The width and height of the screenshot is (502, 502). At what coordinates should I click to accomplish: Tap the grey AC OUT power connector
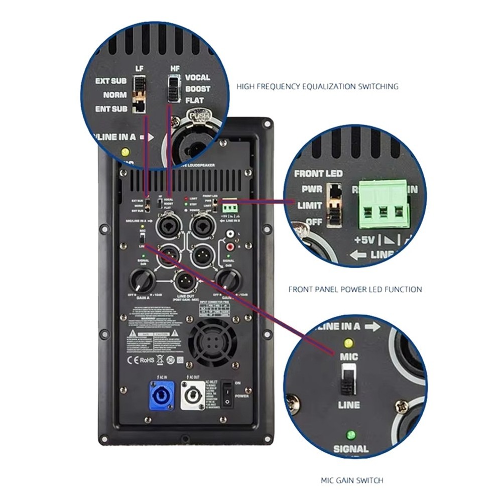pos(193,396)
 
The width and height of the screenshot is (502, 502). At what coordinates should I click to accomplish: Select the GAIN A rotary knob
pos(143,279)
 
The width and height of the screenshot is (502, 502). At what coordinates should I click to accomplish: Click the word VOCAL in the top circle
pos(197,78)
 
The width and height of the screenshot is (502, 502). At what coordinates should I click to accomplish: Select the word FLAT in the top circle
pos(195,100)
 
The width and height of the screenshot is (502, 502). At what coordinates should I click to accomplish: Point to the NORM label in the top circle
pos(115,95)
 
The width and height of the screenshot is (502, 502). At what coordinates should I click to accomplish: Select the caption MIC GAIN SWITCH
pos(352,480)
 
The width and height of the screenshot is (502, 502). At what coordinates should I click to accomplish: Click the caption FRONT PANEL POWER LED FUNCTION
pos(355,289)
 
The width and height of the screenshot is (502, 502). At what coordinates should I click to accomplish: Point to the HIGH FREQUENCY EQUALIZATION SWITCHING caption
pos(317,86)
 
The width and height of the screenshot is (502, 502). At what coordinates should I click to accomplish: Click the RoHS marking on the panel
pos(147,359)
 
